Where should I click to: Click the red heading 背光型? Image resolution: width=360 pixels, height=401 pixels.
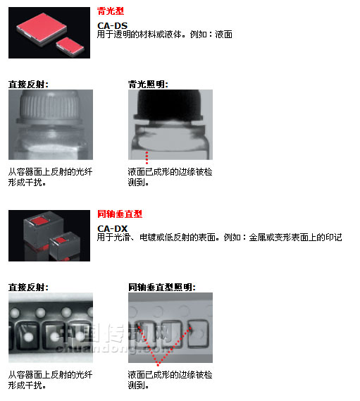coord(111,11)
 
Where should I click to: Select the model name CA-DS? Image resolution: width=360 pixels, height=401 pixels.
coord(112,25)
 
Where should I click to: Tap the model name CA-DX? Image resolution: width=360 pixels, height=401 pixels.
coord(112,228)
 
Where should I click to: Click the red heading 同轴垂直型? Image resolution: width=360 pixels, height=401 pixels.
coord(120,214)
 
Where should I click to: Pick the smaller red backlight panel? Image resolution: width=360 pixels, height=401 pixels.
coord(70,47)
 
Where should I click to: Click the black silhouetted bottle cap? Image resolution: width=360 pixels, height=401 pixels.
coord(169,105)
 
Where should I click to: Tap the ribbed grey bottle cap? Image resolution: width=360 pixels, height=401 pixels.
coord(49,107)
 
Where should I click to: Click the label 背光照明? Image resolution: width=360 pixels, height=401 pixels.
coord(148,85)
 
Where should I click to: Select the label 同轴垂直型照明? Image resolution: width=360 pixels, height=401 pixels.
coord(162,288)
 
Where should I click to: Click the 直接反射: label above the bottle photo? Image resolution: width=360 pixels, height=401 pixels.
coord(28,85)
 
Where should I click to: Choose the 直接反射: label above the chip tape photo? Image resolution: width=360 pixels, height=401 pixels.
coord(28,288)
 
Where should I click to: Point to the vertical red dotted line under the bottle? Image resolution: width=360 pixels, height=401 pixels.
coord(147,158)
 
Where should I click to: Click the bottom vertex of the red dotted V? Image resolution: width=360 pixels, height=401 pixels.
coord(159,364)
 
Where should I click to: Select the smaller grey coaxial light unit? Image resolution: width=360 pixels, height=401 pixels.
coord(66,246)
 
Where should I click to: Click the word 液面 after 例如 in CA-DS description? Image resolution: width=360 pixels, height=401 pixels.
coord(224,35)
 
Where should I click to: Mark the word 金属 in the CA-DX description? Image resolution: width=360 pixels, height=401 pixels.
coord(257,237)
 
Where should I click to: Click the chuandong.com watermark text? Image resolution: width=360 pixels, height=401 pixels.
coord(115,349)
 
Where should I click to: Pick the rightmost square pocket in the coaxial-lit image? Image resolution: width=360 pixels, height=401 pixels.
coord(199,333)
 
